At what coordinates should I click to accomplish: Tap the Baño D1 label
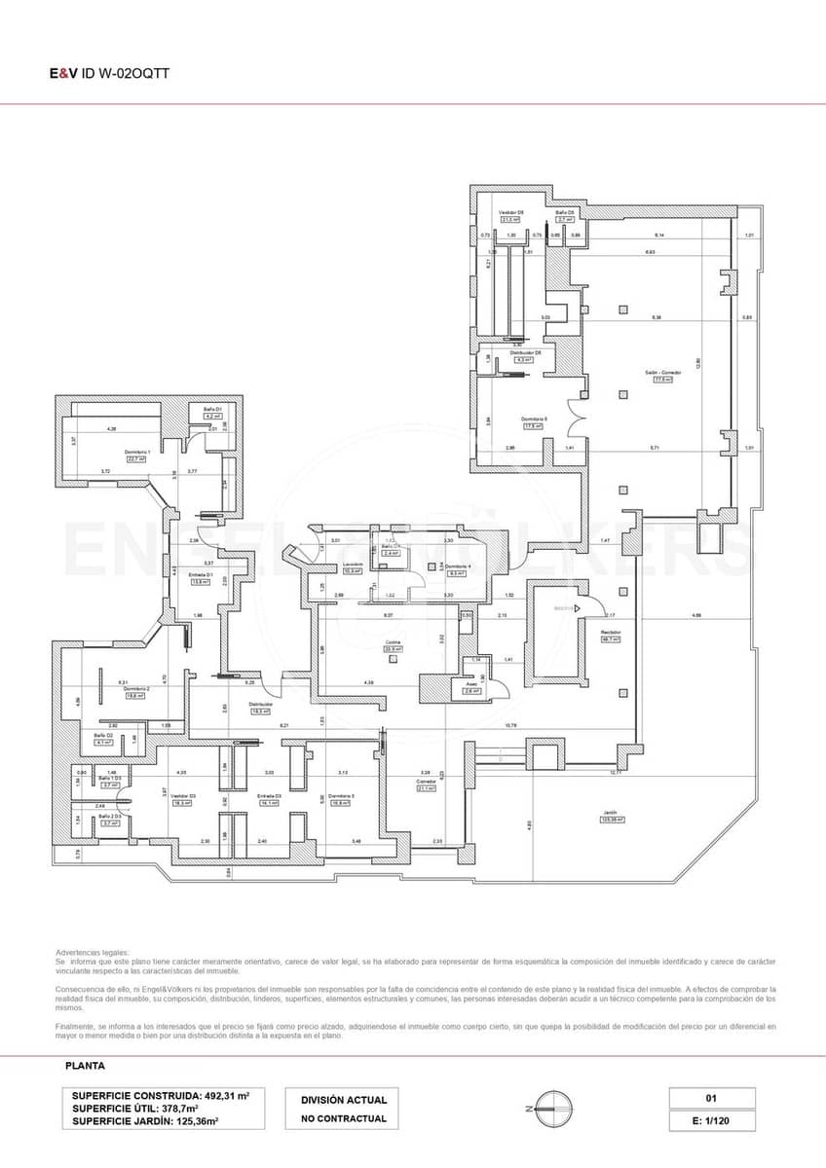[213, 409]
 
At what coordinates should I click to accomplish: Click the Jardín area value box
[612, 820]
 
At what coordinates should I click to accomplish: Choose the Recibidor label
[611, 633]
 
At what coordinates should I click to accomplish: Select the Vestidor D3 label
[184, 796]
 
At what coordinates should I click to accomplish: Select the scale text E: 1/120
[711, 1120]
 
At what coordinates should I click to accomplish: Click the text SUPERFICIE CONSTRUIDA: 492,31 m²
[161, 1095]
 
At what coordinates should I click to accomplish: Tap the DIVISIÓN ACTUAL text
[344, 1100]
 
